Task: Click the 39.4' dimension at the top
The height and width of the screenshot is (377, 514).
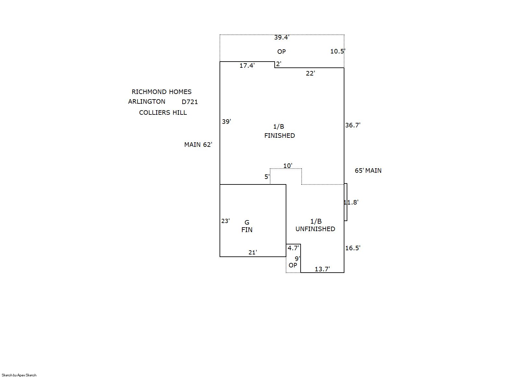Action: pyautogui.click(x=281, y=37)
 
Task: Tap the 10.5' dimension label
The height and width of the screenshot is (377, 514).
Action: pyautogui.click(x=338, y=51)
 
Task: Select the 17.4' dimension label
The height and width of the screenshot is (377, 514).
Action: pyautogui.click(x=247, y=65)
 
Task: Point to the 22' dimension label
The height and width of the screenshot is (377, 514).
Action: pyautogui.click(x=310, y=73)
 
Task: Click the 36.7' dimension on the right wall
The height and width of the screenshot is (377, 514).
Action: pyautogui.click(x=353, y=125)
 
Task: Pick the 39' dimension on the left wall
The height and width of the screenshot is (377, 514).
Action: pyautogui.click(x=226, y=122)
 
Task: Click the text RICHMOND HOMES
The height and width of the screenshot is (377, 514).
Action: pyautogui.click(x=161, y=92)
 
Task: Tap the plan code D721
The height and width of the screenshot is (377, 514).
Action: pyautogui.click(x=190, y=102)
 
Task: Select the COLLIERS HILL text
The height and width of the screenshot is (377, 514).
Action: pyautogui.click(x=163, y=112)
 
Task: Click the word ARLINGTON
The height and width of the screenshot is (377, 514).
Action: pyautogui.click(x=147, y=101)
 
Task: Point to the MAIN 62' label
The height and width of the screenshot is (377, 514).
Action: pyautogui.click(x=198, y=145)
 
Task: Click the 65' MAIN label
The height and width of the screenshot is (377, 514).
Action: pyautogui.click(x=368, y=171)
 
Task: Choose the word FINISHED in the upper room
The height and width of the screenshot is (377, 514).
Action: pyautogui.click(x=280, y=135)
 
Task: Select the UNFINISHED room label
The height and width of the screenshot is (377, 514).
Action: pyautogui.click(x=315, y=229)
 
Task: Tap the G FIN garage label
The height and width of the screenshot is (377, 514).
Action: pyautogui.click(x=247, y=226)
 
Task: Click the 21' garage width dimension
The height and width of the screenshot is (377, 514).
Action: pyautogui.click(x=253, y=252)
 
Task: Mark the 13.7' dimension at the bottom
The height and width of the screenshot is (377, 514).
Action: pyautogui.click(x=322, y=269)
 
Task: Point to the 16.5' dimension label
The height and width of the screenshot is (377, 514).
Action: pyautogui.click(x=353, y=248)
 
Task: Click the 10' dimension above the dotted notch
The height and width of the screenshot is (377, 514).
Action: pyautogui.click(x=288, y=166)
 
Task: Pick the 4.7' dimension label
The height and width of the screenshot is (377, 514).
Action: pyautogui.click(x=293, y=248)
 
